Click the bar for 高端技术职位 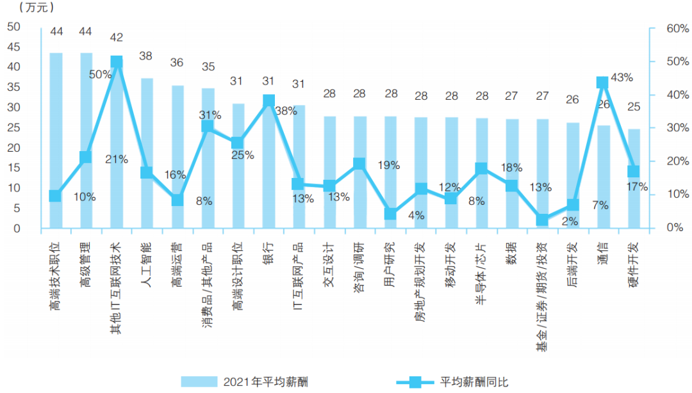(56, 141)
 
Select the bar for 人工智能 (146, 154)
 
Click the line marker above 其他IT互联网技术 (117, 62)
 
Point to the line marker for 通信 (603, 83)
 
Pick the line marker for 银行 (268, 101)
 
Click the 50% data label (101, 75)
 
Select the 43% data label (622, 77)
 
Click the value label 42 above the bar (117, 37)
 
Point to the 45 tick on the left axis (14, 47)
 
